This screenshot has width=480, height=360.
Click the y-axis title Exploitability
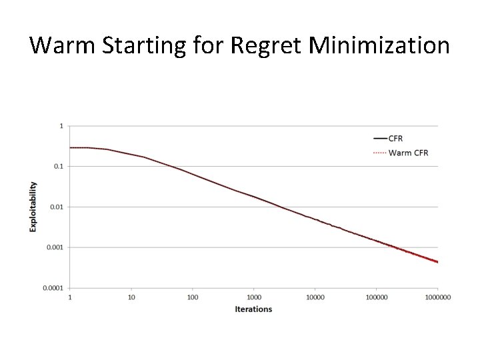(33, 207)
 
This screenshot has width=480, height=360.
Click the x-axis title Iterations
(253, 309)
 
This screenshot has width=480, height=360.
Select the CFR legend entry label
(396, 139)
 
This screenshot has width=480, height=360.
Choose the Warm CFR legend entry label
(408, 153)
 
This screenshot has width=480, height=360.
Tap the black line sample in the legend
(379, 139)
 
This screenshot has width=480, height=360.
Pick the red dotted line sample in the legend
(379, 153)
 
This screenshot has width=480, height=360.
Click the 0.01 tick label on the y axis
(57, 207)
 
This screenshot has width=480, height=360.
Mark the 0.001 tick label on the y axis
(56, 247)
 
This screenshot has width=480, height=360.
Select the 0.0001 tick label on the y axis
(54, 288)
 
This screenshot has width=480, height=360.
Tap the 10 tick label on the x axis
(131, 297)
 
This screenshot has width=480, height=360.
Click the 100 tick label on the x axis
(193, 297)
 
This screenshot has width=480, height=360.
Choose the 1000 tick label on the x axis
(254, 297)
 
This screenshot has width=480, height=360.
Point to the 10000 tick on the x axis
(315, 297)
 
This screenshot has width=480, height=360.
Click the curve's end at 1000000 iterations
(437, 262)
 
